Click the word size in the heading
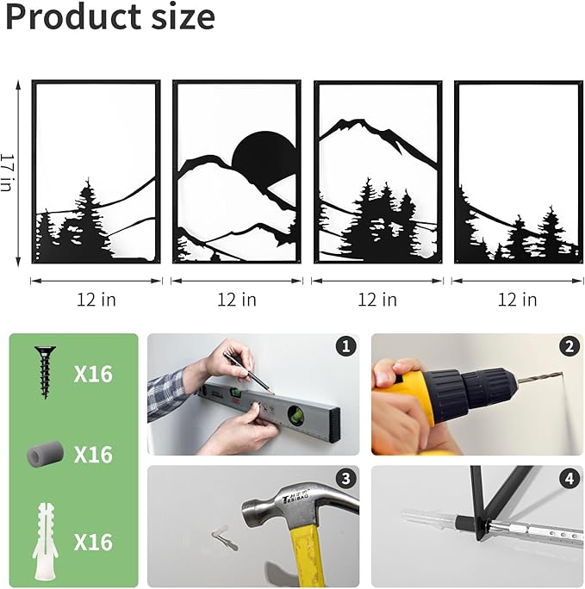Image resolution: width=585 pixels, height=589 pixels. pos(183,16)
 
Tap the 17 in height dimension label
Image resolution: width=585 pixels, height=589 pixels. pos(7,173)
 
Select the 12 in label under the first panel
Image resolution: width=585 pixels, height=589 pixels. pos(96,300)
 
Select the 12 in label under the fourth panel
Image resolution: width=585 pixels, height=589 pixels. pos(518,300)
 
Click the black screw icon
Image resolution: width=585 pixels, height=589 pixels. pos(45,372)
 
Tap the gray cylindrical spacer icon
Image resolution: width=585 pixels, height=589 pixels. pos(45,454)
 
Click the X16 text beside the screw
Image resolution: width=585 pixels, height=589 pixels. pos(93,374)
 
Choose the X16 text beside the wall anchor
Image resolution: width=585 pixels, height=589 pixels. pos(93,542)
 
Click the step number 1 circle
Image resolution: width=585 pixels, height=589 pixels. pos(345,346)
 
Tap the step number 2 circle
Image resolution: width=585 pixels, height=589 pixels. pos(569,346)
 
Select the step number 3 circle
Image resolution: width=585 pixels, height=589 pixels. pos(345,479)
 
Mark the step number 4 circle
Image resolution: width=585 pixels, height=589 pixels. pos(569,479)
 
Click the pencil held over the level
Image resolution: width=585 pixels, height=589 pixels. pos(249,373)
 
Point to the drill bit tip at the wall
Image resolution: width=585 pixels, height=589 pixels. pos(562,374)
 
